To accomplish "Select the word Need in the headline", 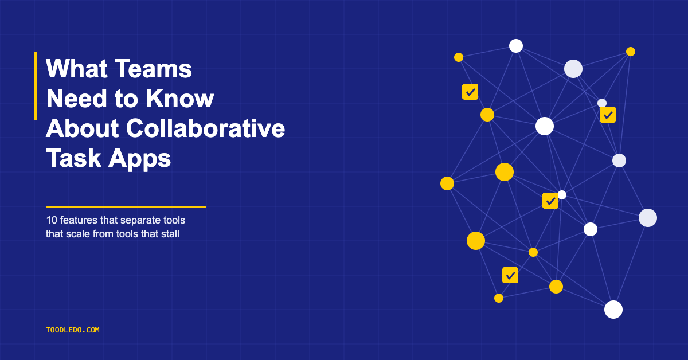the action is click(x=76, y=98).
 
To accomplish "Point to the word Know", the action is click(x=179, y=98).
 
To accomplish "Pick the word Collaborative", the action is click(x=205, y=128).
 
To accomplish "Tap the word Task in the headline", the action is click(x=74, y=158).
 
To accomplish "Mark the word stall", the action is click(x=170, y=234).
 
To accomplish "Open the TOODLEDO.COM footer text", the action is click(x=72, y=330).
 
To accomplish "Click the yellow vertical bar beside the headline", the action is click(x=36, y=86).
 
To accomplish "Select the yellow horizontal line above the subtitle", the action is click(x=126, y=208).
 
